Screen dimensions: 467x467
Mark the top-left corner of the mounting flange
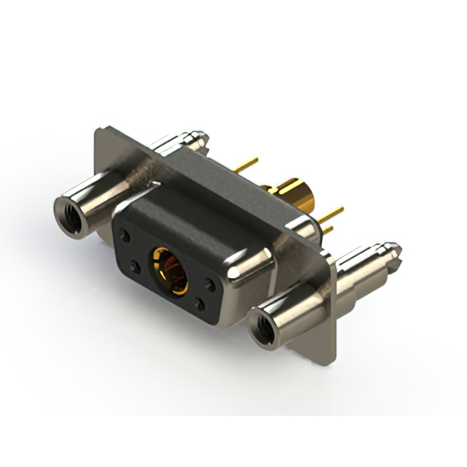[99, 132]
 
